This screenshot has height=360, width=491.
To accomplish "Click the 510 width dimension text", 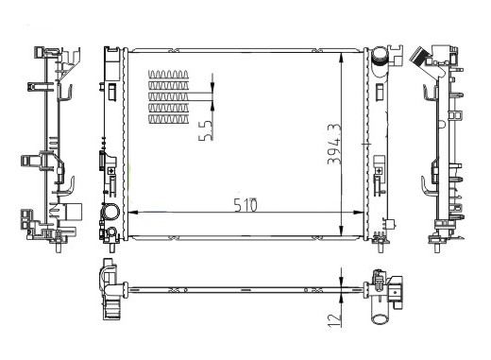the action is [245, 205].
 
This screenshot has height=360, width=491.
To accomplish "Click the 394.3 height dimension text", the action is [334, 144].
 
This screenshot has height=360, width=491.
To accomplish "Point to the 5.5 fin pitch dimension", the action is [206, 130].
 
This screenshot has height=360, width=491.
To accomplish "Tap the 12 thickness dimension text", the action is [334, 319].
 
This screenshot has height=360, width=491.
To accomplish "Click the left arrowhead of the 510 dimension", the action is [133, 213].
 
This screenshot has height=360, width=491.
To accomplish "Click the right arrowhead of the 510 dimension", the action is [359, 213].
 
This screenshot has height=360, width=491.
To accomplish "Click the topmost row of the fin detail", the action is [168, 75].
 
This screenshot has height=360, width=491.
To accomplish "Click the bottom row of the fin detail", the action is [168, 119].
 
